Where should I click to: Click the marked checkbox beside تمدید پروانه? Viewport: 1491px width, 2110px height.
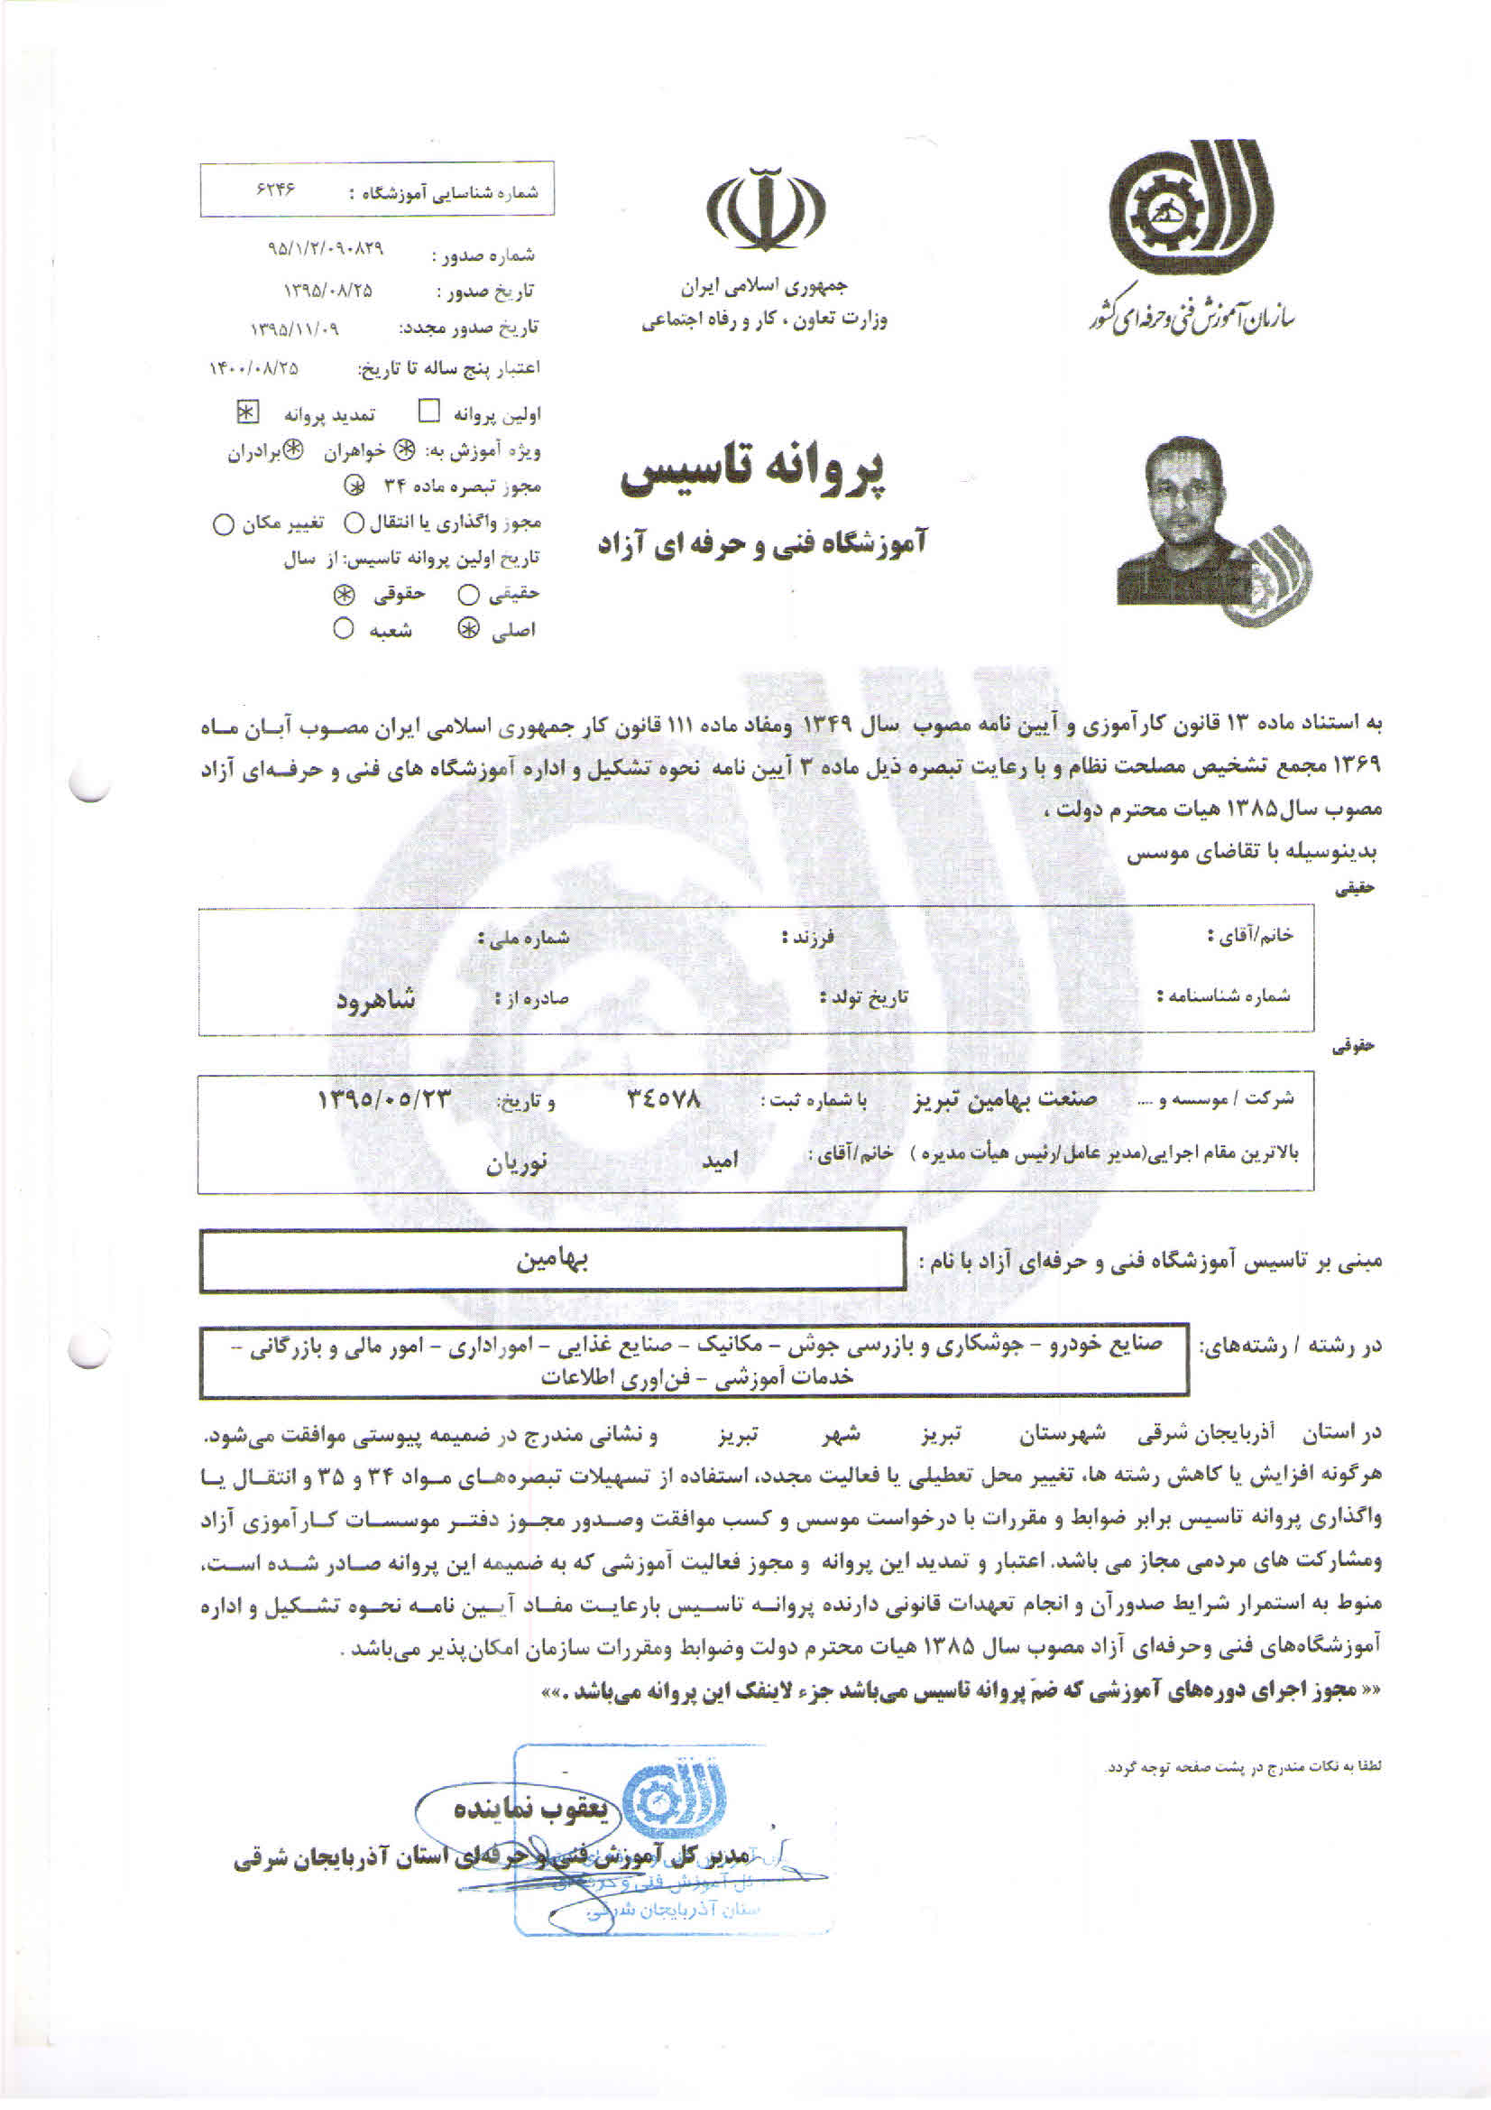pyautogui.click(x=246, y=411)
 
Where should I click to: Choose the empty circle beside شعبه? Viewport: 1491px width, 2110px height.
pyautogui.click(x=344, y=629)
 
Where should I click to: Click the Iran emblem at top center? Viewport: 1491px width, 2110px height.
pyautogui.click(x=765, y=208)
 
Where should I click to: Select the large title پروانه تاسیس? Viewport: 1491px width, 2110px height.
pyautogui.click(x=755, y=472)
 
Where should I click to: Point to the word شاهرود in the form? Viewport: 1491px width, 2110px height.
pyautogui.click(x=376, y=999)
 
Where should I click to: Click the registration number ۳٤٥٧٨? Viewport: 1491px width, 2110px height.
pyautogui.click(x=664, y=1098)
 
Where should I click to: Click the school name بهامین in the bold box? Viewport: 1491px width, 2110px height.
pyautogui.click(x=551, y=1260)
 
